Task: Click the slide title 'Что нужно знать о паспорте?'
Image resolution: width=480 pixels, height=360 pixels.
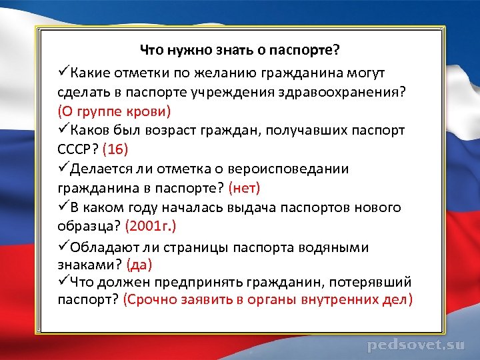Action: tap(239, 50)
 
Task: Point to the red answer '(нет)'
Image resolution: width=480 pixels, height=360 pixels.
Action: tap(245, 188)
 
